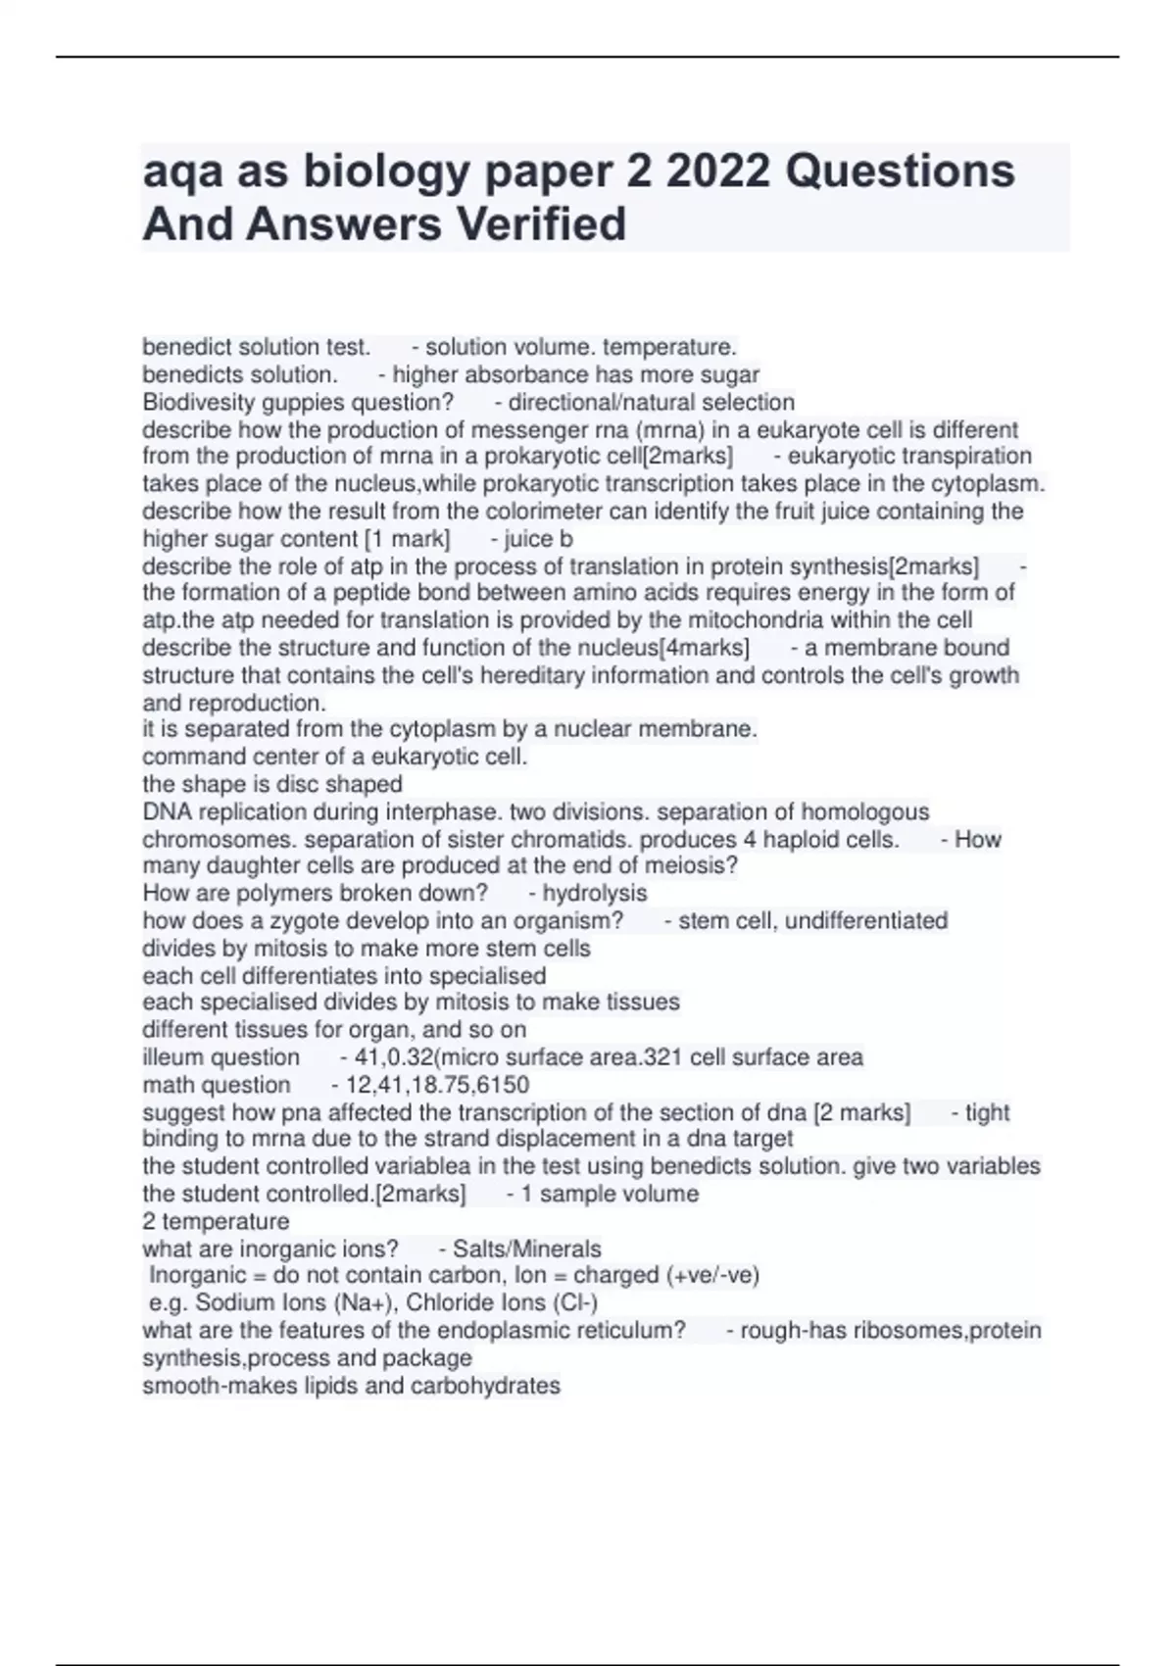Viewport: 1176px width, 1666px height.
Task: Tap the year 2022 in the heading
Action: pos(712,171)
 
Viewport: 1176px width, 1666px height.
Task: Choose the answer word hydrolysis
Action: pos(595,893)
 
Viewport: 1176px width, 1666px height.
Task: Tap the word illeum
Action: pos(173,1056)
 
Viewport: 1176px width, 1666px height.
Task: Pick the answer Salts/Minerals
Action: pos(526,1249)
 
